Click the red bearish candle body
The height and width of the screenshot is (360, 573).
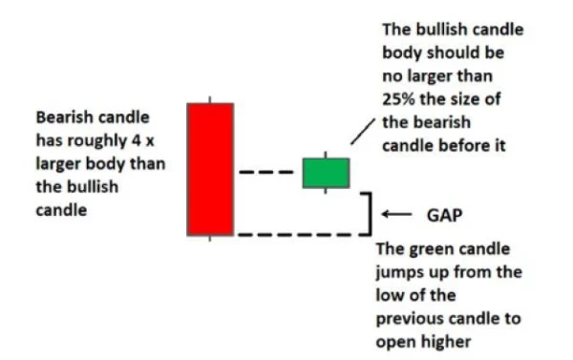210,167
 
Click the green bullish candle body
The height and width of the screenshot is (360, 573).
326,172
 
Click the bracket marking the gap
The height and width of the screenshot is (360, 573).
368,213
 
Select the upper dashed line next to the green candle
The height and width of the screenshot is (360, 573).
268,172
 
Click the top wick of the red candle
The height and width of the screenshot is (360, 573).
210,96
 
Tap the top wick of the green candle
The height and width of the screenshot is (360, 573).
326,153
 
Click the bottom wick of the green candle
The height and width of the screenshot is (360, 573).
326,191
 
